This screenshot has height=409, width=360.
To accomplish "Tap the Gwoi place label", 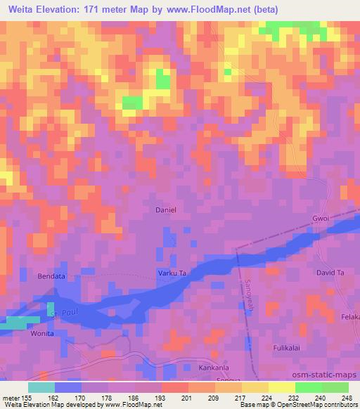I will (321, 219).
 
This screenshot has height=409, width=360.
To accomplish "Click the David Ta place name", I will (330, 272).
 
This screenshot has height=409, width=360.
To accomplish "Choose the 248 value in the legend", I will (347, 397).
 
